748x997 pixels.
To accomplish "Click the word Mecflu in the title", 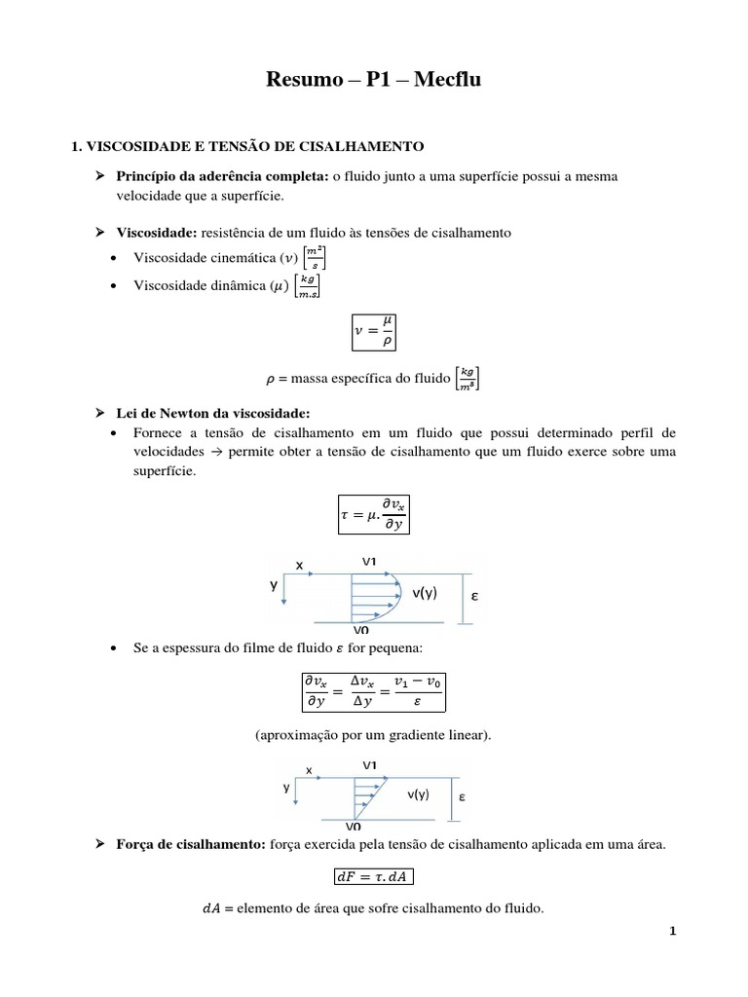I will point(448,80).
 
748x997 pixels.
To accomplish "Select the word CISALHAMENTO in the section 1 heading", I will point(363,147).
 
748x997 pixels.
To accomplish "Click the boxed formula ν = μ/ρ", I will point(374,331).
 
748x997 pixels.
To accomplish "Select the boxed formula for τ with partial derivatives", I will point(374,512).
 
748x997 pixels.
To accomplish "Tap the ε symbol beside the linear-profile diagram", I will point(462,796).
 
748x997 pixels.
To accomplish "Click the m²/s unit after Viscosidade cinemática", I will point(315,258).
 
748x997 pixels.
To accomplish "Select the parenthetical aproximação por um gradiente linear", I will point(374,735).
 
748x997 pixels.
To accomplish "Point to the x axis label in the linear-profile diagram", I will point(309,769).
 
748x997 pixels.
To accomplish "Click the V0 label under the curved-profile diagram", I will point(373,630).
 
